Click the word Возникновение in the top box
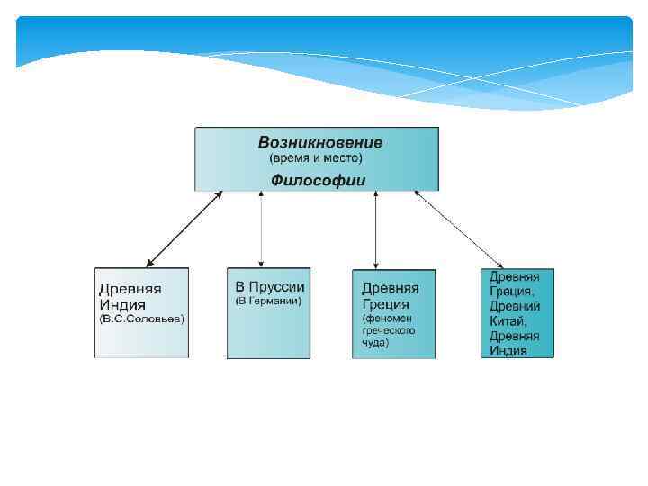319,142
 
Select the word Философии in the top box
319,180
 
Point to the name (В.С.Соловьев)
141,319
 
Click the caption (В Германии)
267,301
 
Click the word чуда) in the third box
376,342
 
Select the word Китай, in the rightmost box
508,320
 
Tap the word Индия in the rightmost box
509,350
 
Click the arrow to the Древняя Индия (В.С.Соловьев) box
184,229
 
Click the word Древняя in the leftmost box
130,289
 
